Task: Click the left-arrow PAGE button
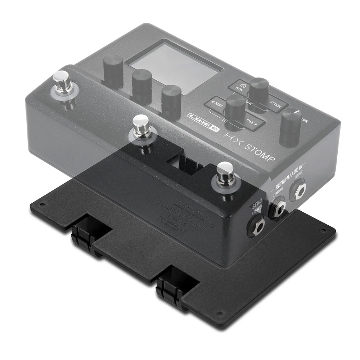pos(216,103)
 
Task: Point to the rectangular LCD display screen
pos(175,68)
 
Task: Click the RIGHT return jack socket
pos(298,190)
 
